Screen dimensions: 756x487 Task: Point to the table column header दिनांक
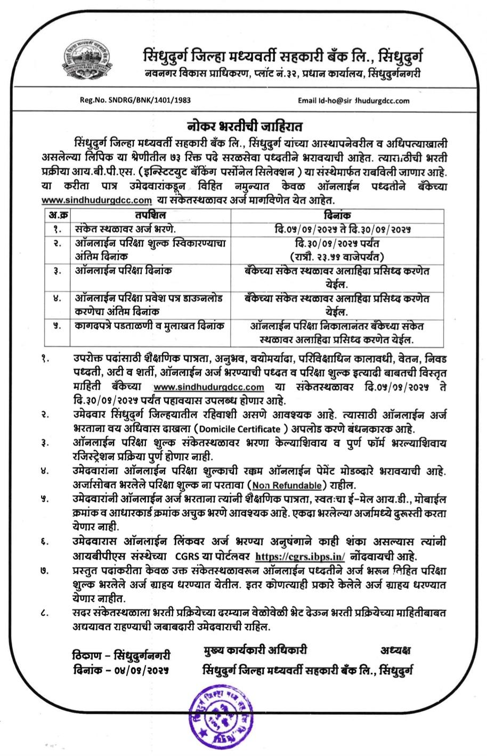[337, 215]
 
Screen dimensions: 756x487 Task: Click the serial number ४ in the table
[57, 299]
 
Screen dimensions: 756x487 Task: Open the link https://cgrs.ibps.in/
[300, 556]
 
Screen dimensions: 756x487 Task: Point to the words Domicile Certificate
[243, 429]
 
